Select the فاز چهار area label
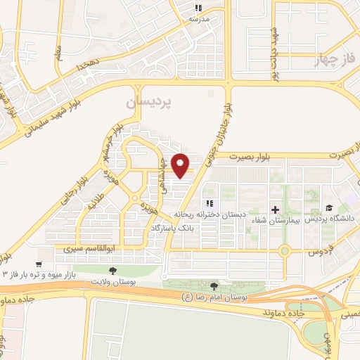tap(343, 58)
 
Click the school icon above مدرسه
tap(198, 8)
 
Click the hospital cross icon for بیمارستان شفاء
tap(275, 209)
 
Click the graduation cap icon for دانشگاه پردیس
tap(328, 208)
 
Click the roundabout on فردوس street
tap(284, 250)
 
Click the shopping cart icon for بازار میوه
tap(39, 264)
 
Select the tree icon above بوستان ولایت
tap(112, 270)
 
